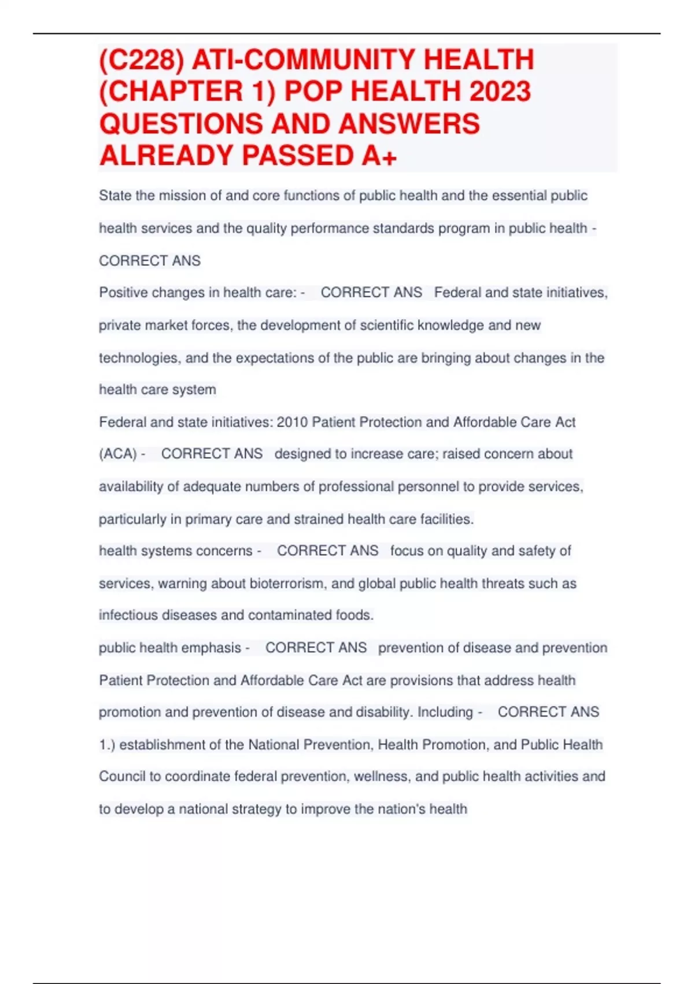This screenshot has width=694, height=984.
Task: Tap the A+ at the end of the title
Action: point(379,156)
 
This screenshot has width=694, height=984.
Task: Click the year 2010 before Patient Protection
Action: point(292,423)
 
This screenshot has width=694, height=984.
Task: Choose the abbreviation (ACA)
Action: point(118,454)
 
